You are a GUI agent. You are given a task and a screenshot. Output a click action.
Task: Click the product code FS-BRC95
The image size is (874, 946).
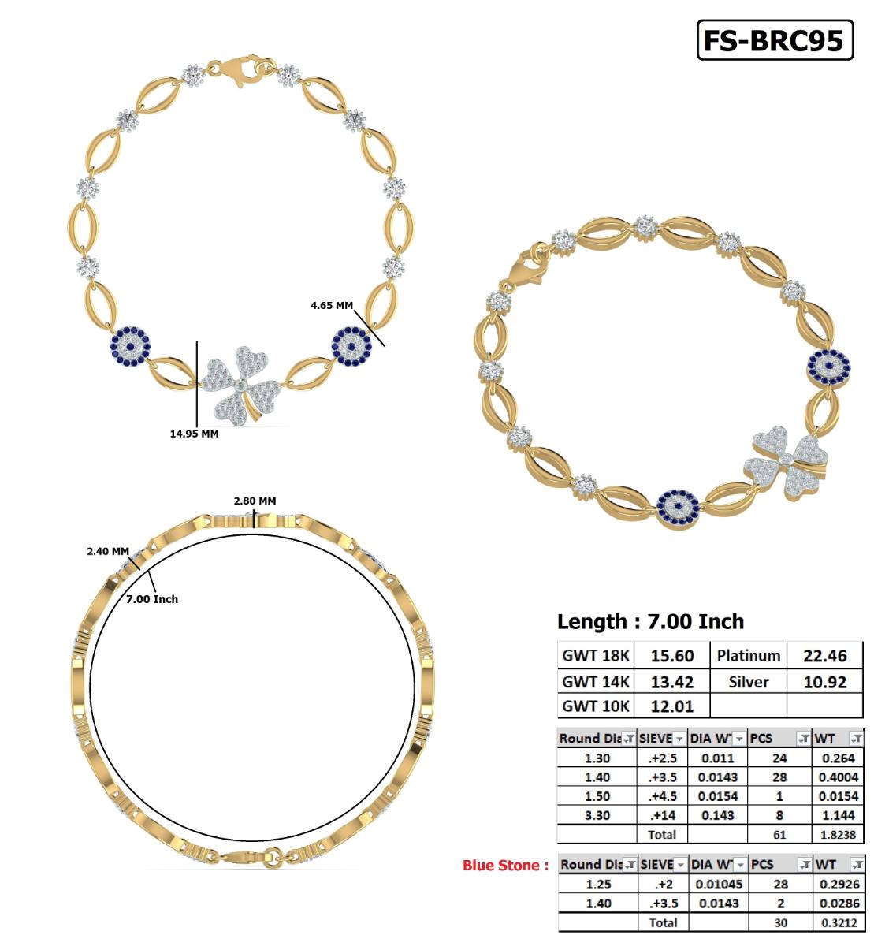tap(774, 40)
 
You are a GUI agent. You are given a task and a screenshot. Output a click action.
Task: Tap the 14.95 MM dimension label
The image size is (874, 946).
tap(194, 434)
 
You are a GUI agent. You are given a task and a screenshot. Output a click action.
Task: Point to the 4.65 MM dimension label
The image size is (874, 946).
tap(332, 305)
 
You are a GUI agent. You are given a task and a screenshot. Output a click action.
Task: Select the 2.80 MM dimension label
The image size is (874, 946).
tap(255, 501)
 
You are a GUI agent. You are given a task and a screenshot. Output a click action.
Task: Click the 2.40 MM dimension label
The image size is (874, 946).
tap(108, 551)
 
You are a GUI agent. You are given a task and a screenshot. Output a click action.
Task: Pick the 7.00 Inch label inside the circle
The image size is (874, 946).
tap(152, 599)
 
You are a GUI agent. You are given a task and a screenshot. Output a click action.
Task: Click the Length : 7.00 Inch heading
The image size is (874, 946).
tap(650, 622)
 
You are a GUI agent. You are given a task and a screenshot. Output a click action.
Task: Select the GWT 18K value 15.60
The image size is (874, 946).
tap(671, 656)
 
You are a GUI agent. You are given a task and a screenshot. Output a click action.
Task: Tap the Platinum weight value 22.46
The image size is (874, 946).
tap(824, 656)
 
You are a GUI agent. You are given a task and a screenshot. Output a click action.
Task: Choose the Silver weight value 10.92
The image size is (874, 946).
tap(824, 682)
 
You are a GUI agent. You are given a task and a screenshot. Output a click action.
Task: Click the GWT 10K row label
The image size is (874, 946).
tap(596, 706)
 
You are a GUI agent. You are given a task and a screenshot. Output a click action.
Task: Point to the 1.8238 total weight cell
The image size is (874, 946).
tap(838, 834)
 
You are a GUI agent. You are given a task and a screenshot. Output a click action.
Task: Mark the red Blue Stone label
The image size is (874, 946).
tap(505, 866)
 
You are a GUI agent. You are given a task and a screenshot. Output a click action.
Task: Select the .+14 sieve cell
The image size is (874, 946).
tap(661, 815)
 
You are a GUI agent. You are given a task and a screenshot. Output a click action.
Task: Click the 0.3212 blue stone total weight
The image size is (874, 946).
tap(838, 922)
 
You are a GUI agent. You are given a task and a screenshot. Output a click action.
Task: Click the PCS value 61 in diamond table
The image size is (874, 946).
tap(779, 834)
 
